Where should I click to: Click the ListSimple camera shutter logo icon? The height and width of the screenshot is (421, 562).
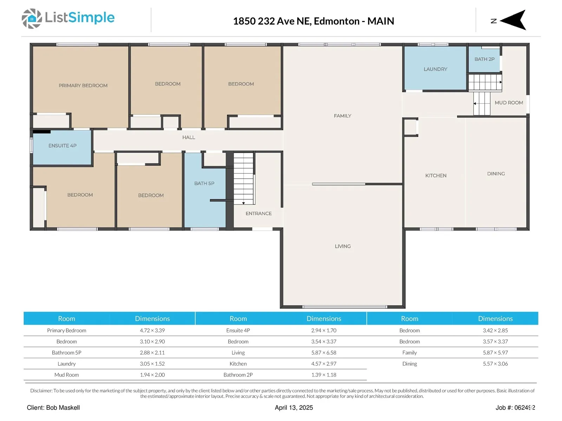point(32,19)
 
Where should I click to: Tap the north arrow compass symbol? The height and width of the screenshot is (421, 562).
point(513,20)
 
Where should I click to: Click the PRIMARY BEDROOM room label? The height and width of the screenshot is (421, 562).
point(83,86)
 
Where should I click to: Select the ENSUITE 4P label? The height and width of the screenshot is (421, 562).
point(63,146)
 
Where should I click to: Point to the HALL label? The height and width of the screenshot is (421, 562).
point(189,138)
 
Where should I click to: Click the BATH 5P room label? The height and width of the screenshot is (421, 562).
point(204,183)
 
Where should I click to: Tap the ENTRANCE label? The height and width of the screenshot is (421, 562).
point(259,214)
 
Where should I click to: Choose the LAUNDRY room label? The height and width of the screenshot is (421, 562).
point(435,69)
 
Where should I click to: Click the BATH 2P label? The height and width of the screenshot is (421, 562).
point(484,59)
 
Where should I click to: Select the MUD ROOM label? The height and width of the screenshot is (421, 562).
point(509,103)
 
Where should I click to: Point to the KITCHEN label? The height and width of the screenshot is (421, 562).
point(436,176)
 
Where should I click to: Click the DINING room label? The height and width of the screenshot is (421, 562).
point(496,174)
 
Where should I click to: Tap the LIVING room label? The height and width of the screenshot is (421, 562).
point(342,246)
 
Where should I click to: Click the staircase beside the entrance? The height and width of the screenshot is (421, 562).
point(244,179)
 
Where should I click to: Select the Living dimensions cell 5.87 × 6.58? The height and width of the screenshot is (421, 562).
point(324,353)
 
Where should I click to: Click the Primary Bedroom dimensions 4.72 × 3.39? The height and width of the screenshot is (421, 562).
point(152,330)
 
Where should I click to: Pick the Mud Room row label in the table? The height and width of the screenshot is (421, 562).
point(67,375)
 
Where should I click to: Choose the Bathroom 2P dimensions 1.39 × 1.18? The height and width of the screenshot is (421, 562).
point(324,375)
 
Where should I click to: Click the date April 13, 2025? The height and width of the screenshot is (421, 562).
point(294,408)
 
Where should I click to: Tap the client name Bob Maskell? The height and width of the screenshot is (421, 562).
point(63,408)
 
